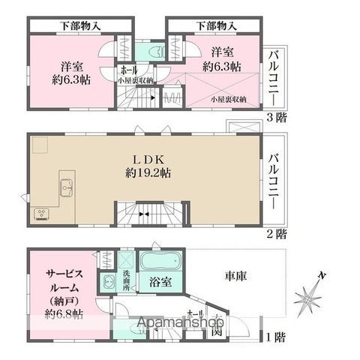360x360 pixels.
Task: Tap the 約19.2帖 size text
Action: [148, 172]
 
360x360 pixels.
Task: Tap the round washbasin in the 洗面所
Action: [109, 282]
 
